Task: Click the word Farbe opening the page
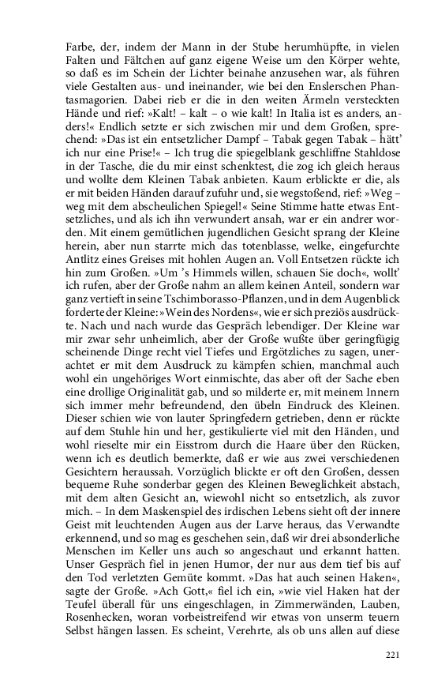81,46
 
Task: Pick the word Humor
223,602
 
